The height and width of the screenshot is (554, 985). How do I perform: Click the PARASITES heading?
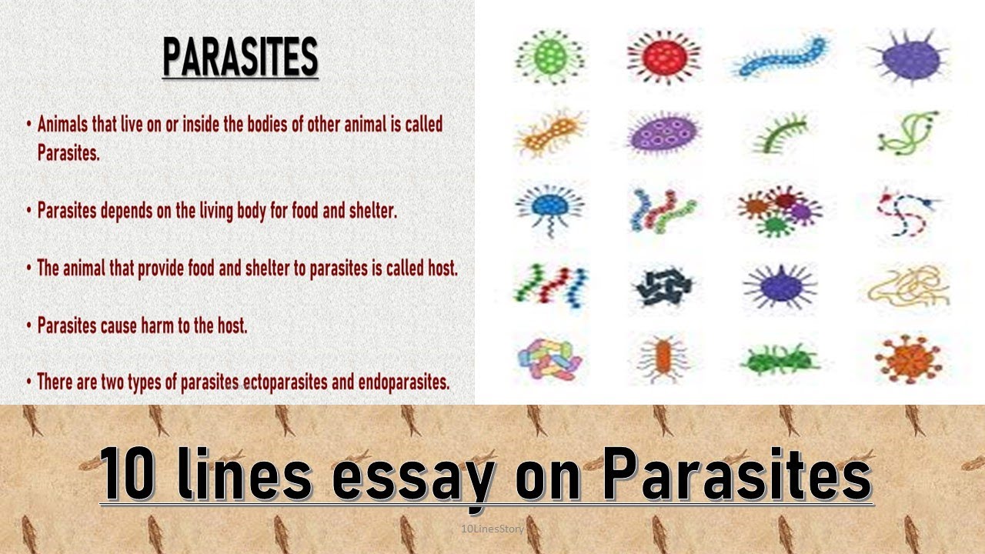[240, 58]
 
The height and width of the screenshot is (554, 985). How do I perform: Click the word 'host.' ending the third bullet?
[437, 269]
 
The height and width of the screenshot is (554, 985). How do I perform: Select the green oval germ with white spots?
[549, 57]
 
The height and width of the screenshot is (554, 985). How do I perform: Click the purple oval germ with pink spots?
[663, 133]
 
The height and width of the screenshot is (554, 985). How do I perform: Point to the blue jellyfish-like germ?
[549, 208]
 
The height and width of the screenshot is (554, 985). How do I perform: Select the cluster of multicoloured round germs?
[779, 209]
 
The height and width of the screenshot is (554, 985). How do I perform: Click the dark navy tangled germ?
[663, 288]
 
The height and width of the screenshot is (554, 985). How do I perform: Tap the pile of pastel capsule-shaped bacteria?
[549, 359]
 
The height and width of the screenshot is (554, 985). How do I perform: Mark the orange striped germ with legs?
[663, 357]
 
